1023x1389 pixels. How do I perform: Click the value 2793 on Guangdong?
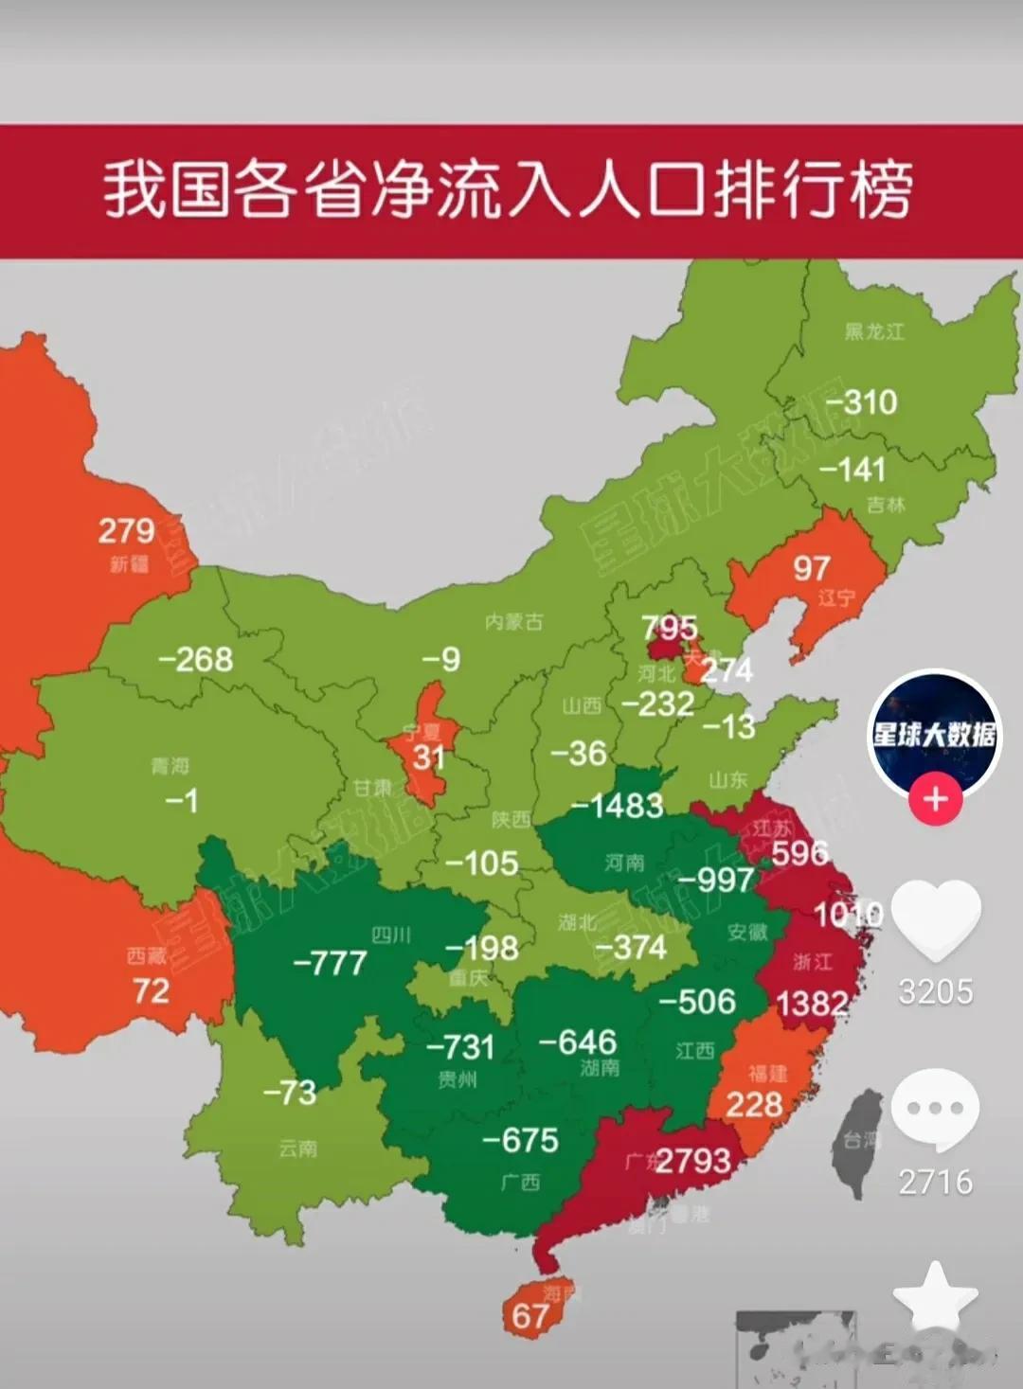point(692,1160)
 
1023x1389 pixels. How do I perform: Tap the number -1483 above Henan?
point(617,806)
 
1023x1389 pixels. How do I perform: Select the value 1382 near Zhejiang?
point(812,1003)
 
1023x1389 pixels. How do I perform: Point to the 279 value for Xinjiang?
point(126,530)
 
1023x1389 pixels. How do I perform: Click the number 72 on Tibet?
point(151,990)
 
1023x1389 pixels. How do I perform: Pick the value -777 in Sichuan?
point(330,963)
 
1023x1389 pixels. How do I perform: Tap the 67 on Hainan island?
point(529,1315)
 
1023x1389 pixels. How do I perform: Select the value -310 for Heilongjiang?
point(861,401)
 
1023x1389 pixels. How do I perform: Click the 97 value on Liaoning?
point(811,568)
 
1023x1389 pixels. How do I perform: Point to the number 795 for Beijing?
point(669,627)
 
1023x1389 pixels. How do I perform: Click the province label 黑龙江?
point(874,331)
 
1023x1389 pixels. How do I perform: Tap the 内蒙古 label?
point(513,622)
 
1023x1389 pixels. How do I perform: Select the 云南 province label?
point(297,1149)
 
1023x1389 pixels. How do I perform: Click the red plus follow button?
point(935,799)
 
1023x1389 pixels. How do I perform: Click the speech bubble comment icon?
point(935,1109)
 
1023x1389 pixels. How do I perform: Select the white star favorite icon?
point(935,1298)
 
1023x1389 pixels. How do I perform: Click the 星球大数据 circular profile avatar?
point(934,731)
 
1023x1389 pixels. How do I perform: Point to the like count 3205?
point(935,991)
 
